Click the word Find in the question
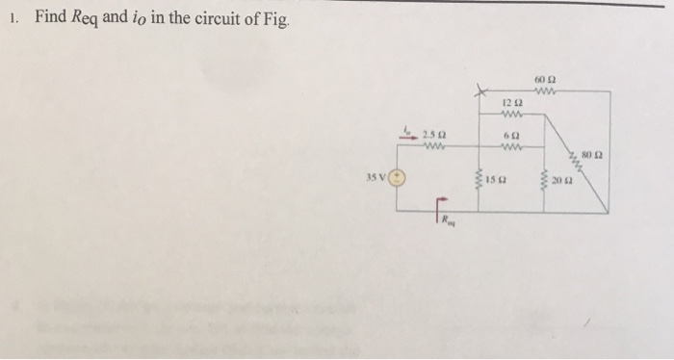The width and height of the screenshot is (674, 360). point(52,17)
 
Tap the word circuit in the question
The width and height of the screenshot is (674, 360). point(210,17)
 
